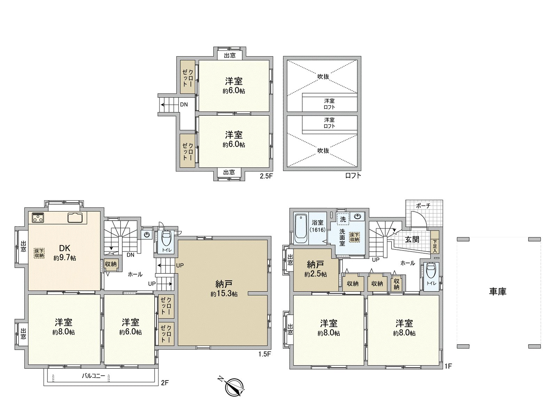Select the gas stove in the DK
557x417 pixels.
38,218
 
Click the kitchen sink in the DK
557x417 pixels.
75,217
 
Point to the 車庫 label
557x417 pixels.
497,292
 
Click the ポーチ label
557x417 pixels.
423,206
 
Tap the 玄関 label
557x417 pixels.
412,239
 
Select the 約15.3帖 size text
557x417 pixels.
224,294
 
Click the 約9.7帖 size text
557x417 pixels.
65,258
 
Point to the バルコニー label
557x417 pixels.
93,376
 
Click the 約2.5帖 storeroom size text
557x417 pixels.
315,274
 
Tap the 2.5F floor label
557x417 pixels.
266,176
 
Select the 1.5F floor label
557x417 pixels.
265,354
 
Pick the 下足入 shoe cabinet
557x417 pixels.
435,242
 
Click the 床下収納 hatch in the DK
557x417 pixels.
39,253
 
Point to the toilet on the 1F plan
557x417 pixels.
431,272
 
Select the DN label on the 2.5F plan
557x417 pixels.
184,104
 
